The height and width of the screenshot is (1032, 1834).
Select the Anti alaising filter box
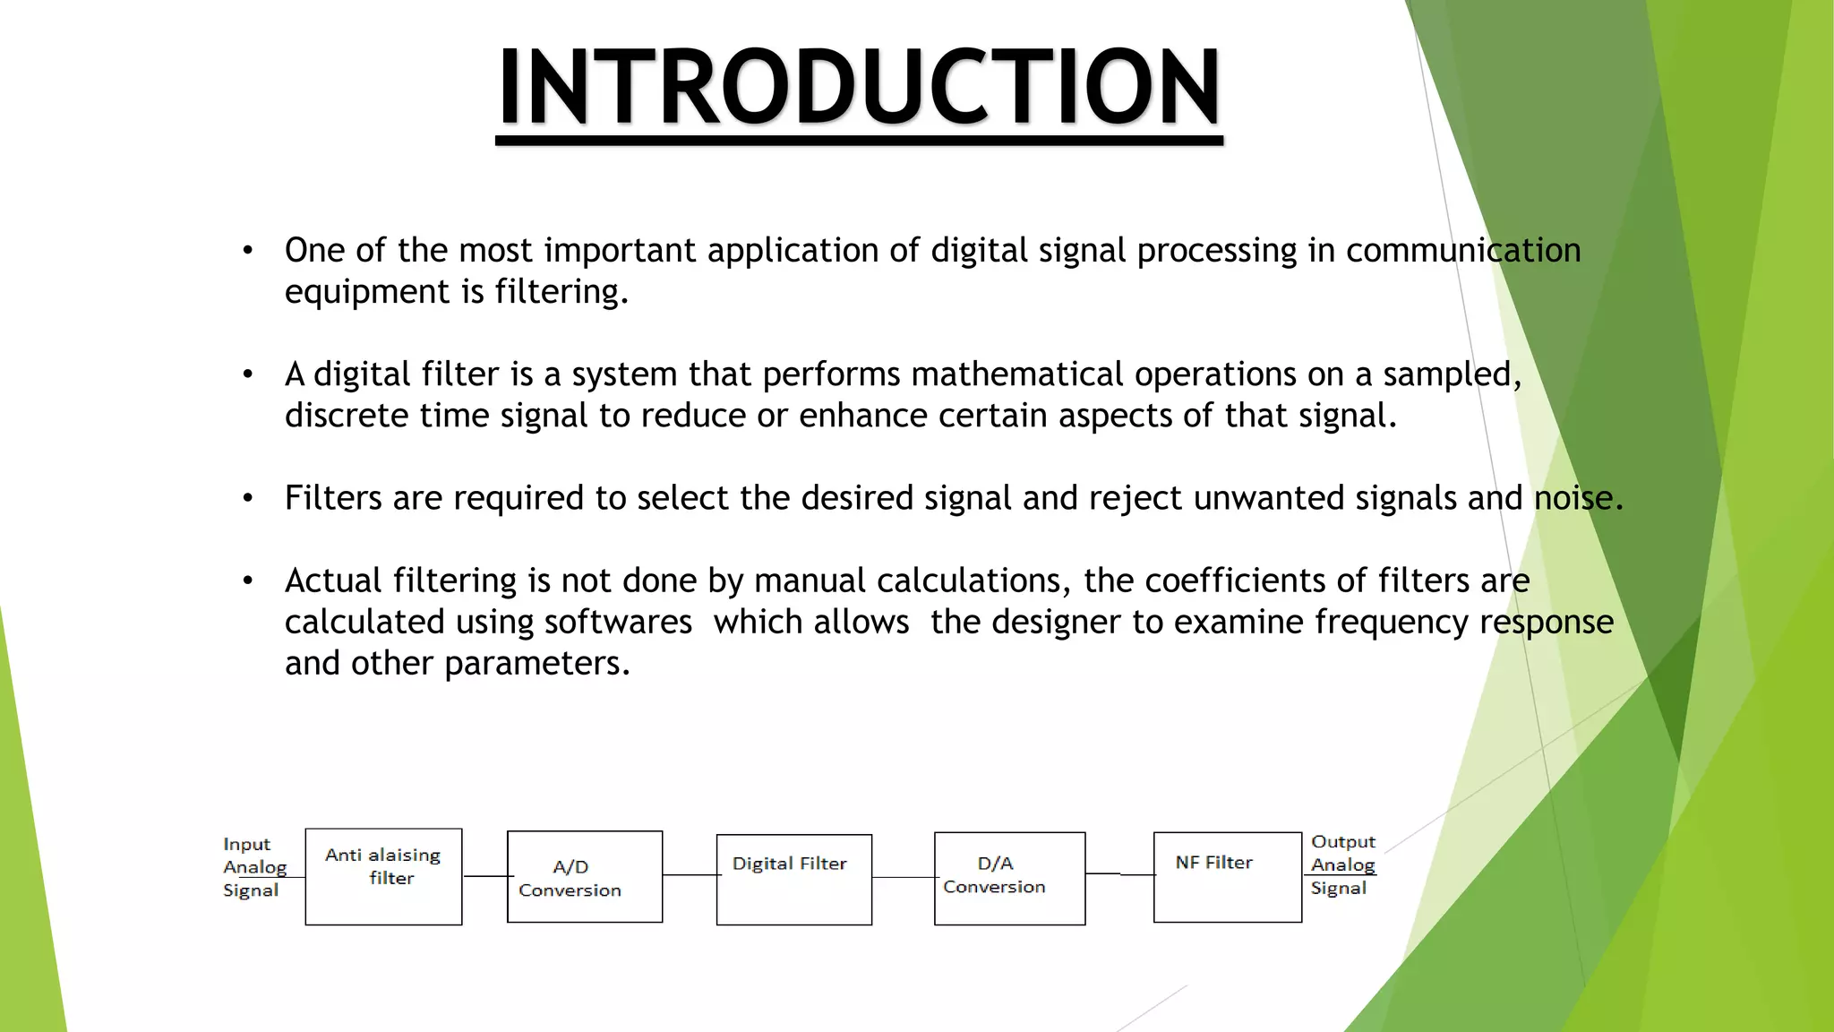point(383,876)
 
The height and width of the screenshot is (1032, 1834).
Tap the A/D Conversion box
point(585,876)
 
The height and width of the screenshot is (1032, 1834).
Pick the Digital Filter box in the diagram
point(793,879)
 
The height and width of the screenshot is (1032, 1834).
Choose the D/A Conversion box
point(1009,878)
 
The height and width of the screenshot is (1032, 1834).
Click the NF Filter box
point(1227,876)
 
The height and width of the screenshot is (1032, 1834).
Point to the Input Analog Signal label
point(254,867)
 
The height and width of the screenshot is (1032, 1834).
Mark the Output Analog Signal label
point(1342,864)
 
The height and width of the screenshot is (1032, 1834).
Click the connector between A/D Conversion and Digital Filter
point(690,875)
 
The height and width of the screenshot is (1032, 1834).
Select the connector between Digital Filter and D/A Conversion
point(903,877)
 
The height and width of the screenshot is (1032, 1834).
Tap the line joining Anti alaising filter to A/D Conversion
point(484,876)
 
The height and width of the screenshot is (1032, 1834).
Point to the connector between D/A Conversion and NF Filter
point(1119,873)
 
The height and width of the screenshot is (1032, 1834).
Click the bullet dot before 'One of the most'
point(248,251)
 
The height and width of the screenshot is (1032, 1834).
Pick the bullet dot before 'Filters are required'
point(248,498)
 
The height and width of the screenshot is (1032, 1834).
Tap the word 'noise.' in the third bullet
point(1578,498)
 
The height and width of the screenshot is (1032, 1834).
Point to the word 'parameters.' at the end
point(537,663)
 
